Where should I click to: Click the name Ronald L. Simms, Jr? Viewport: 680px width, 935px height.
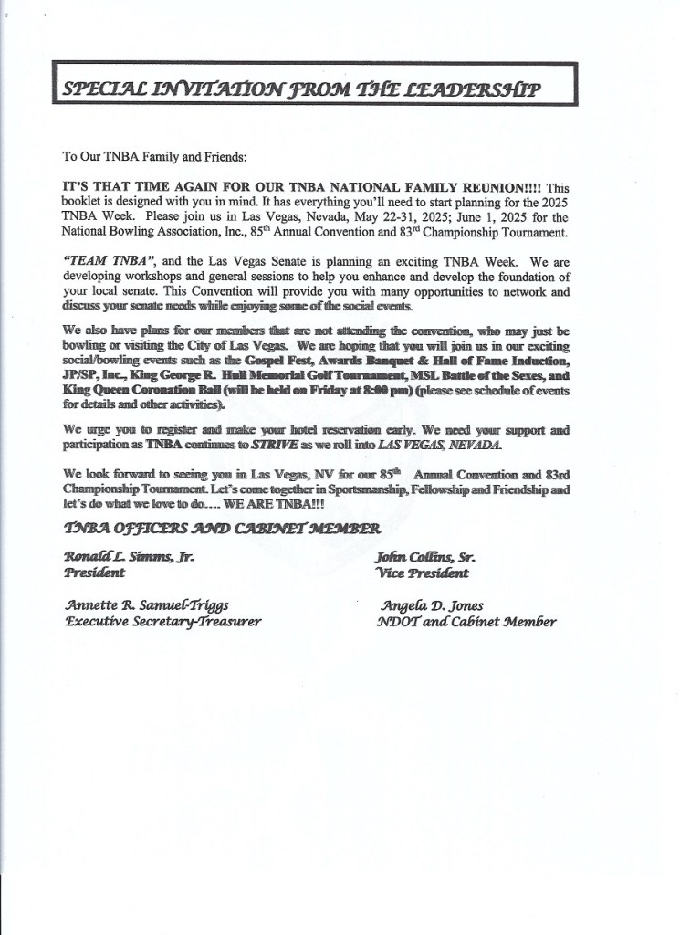[x=129, y=556]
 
